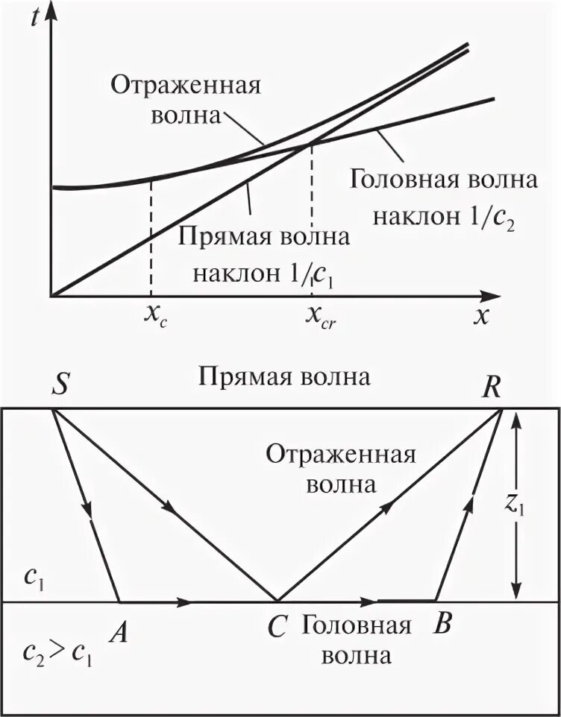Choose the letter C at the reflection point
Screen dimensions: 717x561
click(278, 628)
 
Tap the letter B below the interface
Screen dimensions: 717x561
click(442, 625)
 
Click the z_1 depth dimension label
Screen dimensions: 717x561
click(536, 506)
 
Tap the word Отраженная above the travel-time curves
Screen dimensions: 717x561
click(186, 84)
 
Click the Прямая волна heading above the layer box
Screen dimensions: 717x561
click(284, 376)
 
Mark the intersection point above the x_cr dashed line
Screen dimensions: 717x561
click(310, 144)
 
